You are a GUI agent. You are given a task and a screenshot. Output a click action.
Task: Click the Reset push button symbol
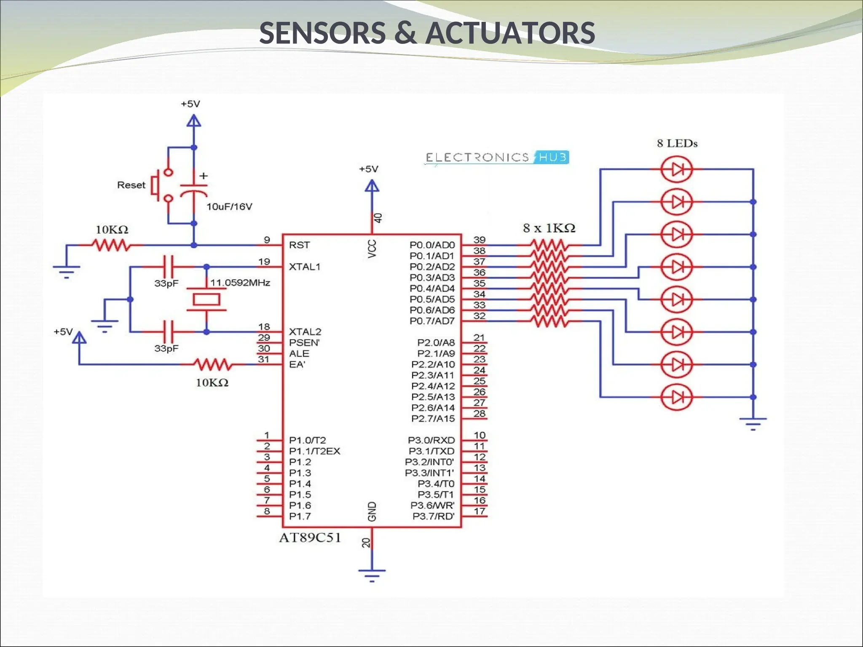click(162, 185)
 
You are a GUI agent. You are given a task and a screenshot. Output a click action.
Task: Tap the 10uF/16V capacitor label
click(229, 207)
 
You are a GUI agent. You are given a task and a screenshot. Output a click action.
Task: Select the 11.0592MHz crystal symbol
click(206, 299)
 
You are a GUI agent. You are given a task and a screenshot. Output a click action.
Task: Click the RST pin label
click(299, 245)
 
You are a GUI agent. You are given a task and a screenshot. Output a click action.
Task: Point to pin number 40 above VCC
click(378, 218)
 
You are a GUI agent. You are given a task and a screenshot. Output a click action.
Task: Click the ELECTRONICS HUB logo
click(496, 158)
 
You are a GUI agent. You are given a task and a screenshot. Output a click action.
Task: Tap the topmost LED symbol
click(677, 169)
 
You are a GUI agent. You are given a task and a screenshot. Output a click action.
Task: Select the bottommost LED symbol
click(677, 397)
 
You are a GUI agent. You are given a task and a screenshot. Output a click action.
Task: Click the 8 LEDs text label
click(677, 144)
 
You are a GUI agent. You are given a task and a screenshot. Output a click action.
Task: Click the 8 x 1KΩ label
click(549, 228)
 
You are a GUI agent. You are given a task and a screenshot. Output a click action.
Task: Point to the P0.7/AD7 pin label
click(432, 321)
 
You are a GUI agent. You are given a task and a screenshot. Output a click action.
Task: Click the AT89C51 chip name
click(310, 538)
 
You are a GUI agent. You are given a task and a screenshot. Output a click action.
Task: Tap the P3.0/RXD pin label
click(431, 440)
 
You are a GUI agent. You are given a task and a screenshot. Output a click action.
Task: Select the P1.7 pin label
click(300, 516)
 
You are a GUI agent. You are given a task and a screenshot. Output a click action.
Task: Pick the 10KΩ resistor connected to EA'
click(212, 364)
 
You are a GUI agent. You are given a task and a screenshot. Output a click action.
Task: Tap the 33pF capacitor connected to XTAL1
click(168, 267)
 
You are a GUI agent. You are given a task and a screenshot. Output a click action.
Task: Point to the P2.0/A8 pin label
click(436, 342)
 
